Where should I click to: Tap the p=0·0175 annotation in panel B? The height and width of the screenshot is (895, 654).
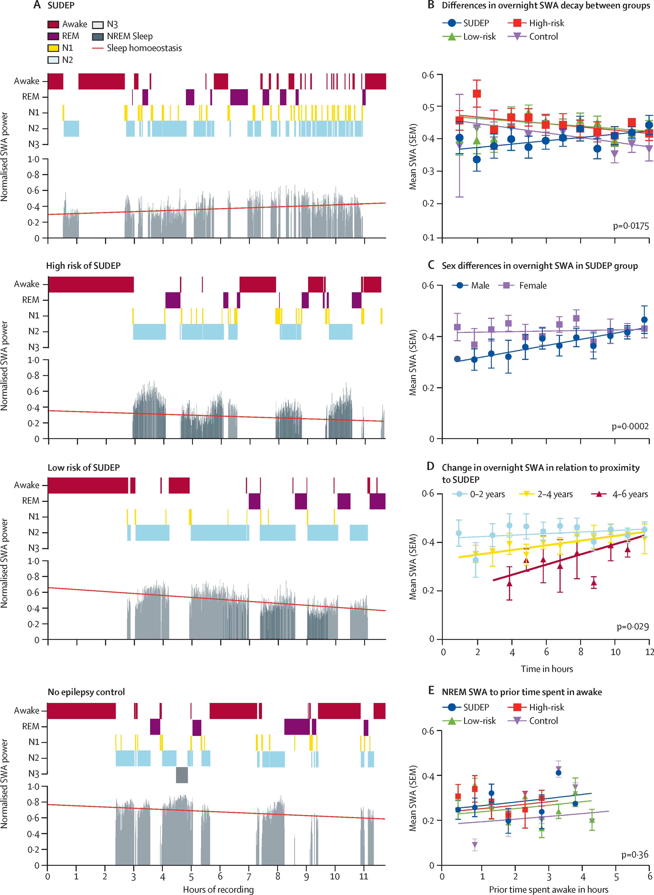pos(631,226)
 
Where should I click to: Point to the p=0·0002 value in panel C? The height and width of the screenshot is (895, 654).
pos(630,426)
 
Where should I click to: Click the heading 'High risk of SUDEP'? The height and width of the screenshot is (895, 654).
pos(83,266)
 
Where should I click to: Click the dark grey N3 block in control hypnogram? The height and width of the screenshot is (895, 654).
pos(182,775)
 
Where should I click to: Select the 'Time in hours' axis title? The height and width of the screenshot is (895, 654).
pos(547,669)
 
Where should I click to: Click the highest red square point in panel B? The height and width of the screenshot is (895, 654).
pos(477,93)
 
